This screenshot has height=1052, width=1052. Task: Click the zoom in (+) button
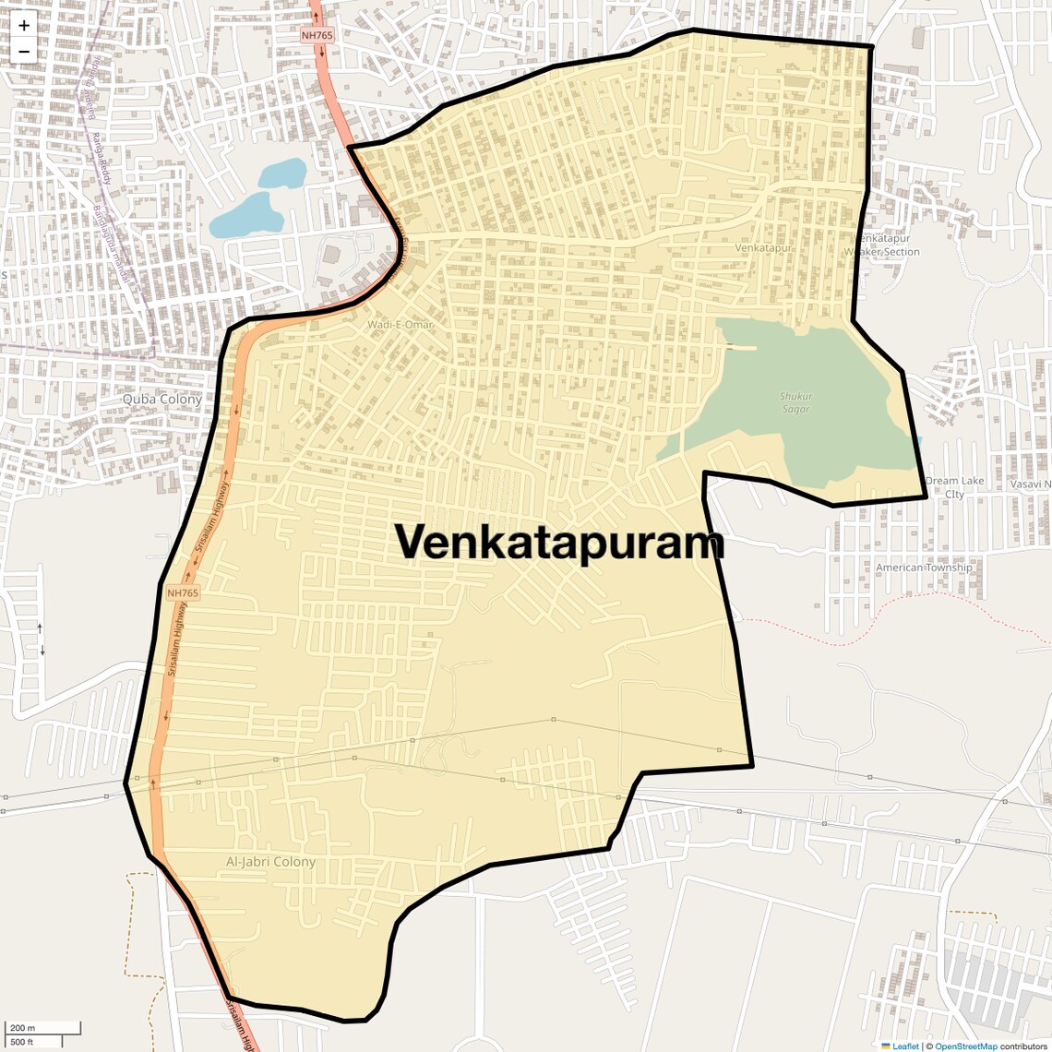coord(24,26)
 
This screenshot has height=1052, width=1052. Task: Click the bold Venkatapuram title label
coord(560,543)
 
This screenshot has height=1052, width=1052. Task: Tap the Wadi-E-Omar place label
coord(400,325)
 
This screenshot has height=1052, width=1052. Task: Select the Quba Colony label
coord(161,400)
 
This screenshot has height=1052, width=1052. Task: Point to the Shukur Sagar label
coord(795,402)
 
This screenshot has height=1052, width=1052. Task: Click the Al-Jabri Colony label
coord(270,862)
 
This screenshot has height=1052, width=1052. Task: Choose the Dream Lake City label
coord(954,487)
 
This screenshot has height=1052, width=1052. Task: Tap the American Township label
coord(923,568)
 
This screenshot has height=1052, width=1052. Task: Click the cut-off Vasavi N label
coord(1030,484)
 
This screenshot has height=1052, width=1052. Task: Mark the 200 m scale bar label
coord(22,1028)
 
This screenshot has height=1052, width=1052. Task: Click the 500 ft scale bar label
coord(22,1042)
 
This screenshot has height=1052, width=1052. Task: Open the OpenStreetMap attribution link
coord(965,1046)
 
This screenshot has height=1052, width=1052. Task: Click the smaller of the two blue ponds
coord(282,173)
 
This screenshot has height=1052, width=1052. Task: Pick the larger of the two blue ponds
coord(246,216)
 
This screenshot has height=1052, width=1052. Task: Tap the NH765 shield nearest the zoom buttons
coord(317,35)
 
